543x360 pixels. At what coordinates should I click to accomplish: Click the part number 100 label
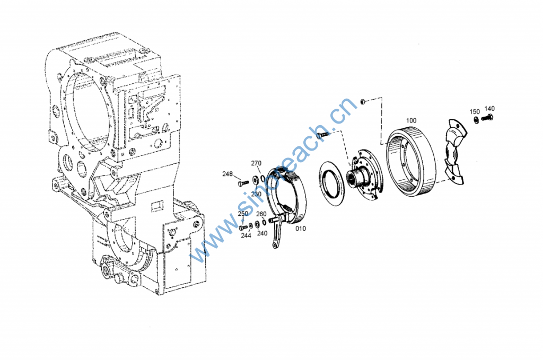pos(411,120)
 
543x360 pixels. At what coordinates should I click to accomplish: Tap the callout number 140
pos(489,109)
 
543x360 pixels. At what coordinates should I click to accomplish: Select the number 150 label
pos(475,111)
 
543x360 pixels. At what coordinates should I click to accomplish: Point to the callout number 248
pos(227,174)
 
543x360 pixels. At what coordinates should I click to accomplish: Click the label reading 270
pos(256,163)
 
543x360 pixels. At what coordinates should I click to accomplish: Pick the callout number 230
pos(256,194)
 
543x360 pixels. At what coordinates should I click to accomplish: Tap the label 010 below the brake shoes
pos(301,229)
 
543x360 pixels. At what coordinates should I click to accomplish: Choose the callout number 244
pos(246,236)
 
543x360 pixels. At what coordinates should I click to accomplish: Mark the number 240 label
pos(262,233)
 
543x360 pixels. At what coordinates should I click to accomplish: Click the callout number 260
pos(261,214)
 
